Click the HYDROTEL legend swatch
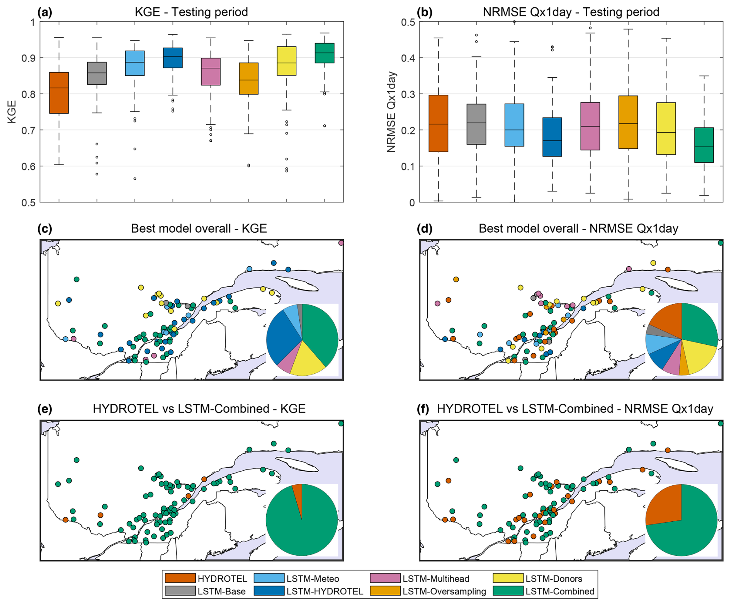180,578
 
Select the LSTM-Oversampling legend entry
428,591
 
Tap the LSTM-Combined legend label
559,591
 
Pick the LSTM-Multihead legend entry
420,579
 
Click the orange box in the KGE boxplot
59,93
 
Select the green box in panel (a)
324,53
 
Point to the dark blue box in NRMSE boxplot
552,137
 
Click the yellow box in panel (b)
666,128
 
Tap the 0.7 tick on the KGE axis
29,130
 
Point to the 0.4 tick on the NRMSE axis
409,58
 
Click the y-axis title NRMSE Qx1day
391,112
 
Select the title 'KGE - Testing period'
191,12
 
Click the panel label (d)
424,228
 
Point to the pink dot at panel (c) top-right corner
341,243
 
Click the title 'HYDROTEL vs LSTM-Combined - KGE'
199,409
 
